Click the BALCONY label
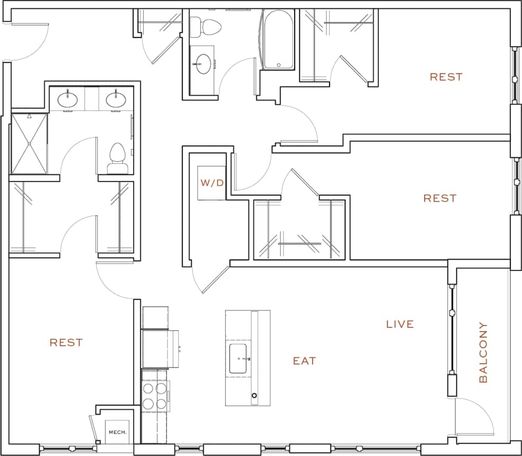click(483, 352)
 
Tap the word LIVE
click(400, 324)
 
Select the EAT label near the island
click(305, 361)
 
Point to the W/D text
click(211, 183)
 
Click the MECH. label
click(117, 432)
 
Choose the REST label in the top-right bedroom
click(446, 77)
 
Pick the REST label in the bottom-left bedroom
click(66, 343)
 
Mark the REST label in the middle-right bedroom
click(439, 198)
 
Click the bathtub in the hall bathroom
click(278, 40)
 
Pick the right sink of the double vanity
click(115, 99)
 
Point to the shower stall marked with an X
click(29, 143)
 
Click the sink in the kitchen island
click(238, 358)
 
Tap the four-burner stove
click(155, 396)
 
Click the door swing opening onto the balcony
click(474, 416)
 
